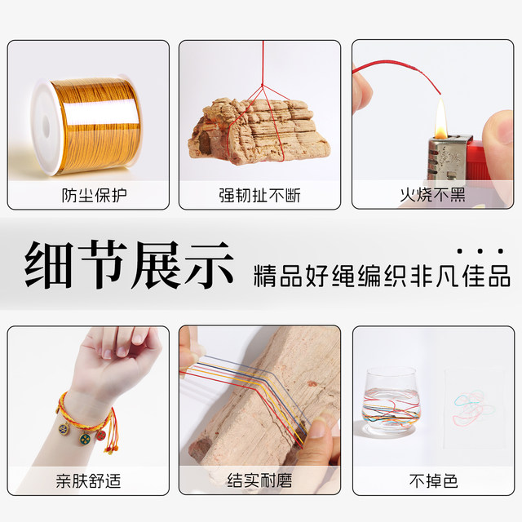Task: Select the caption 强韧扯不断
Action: pos(260,196)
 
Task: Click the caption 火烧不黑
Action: pos(432,196)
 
